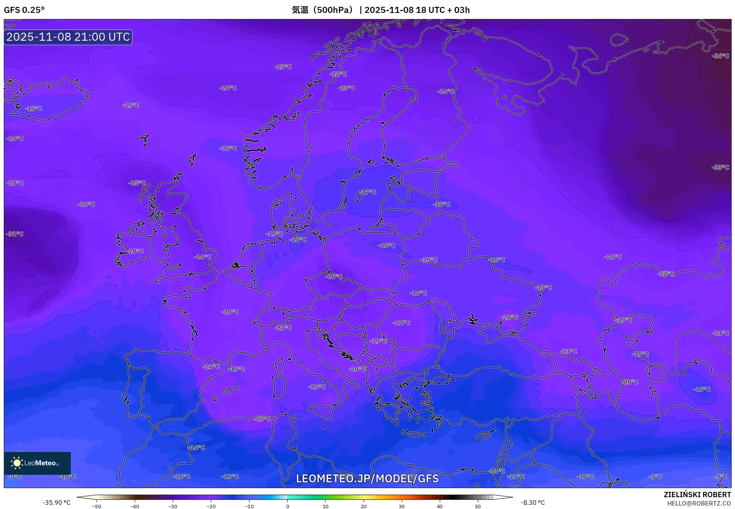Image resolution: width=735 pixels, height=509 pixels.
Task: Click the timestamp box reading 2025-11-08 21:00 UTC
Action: tap(68, 37)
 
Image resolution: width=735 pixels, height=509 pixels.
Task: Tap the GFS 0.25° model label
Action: tap(24, 10)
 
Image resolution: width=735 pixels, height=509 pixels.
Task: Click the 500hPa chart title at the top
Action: tap(380, 10)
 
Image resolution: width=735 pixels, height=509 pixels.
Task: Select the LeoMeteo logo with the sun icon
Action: tap(37, 463)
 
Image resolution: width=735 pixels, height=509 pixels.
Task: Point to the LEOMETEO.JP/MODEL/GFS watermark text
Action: tap(367, 479)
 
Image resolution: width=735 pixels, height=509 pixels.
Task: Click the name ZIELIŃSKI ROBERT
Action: tap(697, 495)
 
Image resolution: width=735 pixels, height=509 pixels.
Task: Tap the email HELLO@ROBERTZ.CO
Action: tap(699, 503)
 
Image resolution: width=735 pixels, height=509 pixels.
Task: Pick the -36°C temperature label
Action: tap(720, 56)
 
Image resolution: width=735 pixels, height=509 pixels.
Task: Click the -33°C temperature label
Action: tap(720, 167)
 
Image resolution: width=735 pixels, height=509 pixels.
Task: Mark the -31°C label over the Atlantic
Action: tap(15, 234)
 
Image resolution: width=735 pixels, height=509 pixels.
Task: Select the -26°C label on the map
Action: tap(334, 277)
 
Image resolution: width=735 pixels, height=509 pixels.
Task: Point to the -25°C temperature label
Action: tap(137, 183)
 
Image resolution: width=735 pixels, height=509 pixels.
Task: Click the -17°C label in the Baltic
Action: tap(367, 192)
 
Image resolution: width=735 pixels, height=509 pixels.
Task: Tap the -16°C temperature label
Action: tap(702, 389)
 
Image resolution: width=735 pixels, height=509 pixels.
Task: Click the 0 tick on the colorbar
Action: tap(287, 506)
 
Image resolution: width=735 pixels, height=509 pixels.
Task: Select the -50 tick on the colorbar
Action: tap(97, 506)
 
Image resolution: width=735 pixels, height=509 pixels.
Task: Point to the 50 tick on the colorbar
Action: tap(478, 506)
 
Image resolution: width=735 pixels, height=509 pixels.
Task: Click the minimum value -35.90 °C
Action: tap(57, 503)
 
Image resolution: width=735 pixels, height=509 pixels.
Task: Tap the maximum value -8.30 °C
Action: tap(533, 503)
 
